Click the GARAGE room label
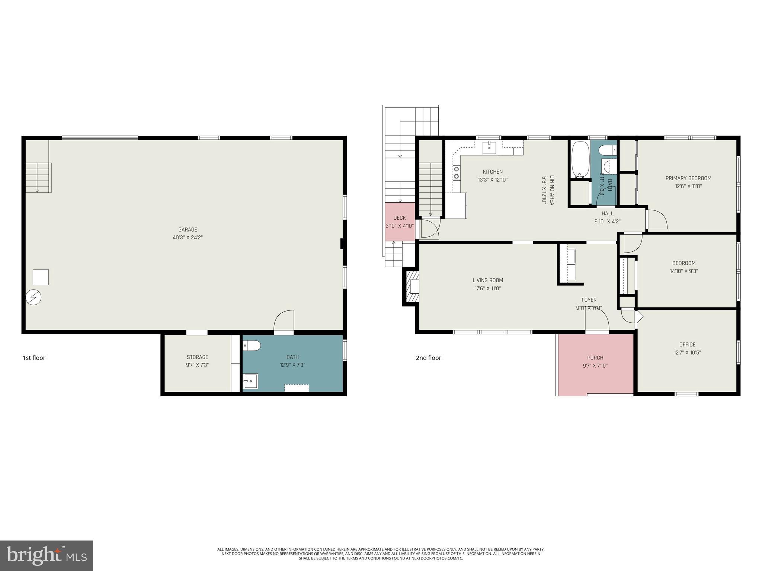coord(188,230)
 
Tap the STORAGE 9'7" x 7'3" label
coord(197,361)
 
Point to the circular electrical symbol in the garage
coord(33,297)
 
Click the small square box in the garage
coord(41,277)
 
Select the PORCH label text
coord(595,358)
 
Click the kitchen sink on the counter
coord(490,148)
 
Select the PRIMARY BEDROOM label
coord(688,178)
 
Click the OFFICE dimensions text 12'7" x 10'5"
coord(687,353)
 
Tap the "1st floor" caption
coord(34,358)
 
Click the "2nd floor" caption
coord(429,358)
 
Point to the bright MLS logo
coord(47,555)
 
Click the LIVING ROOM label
coord(488,280)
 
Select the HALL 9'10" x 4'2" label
coord(607,217)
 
